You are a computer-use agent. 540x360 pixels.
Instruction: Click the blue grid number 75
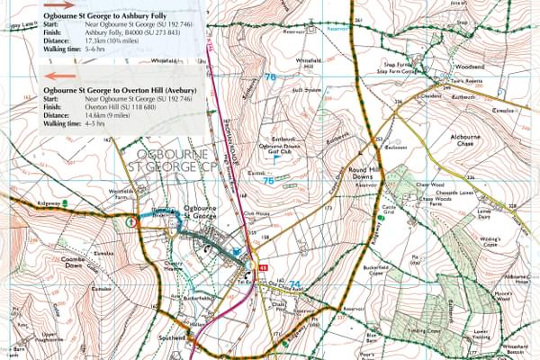pos(267,181)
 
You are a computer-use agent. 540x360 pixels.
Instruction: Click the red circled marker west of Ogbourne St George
pos(132,220)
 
